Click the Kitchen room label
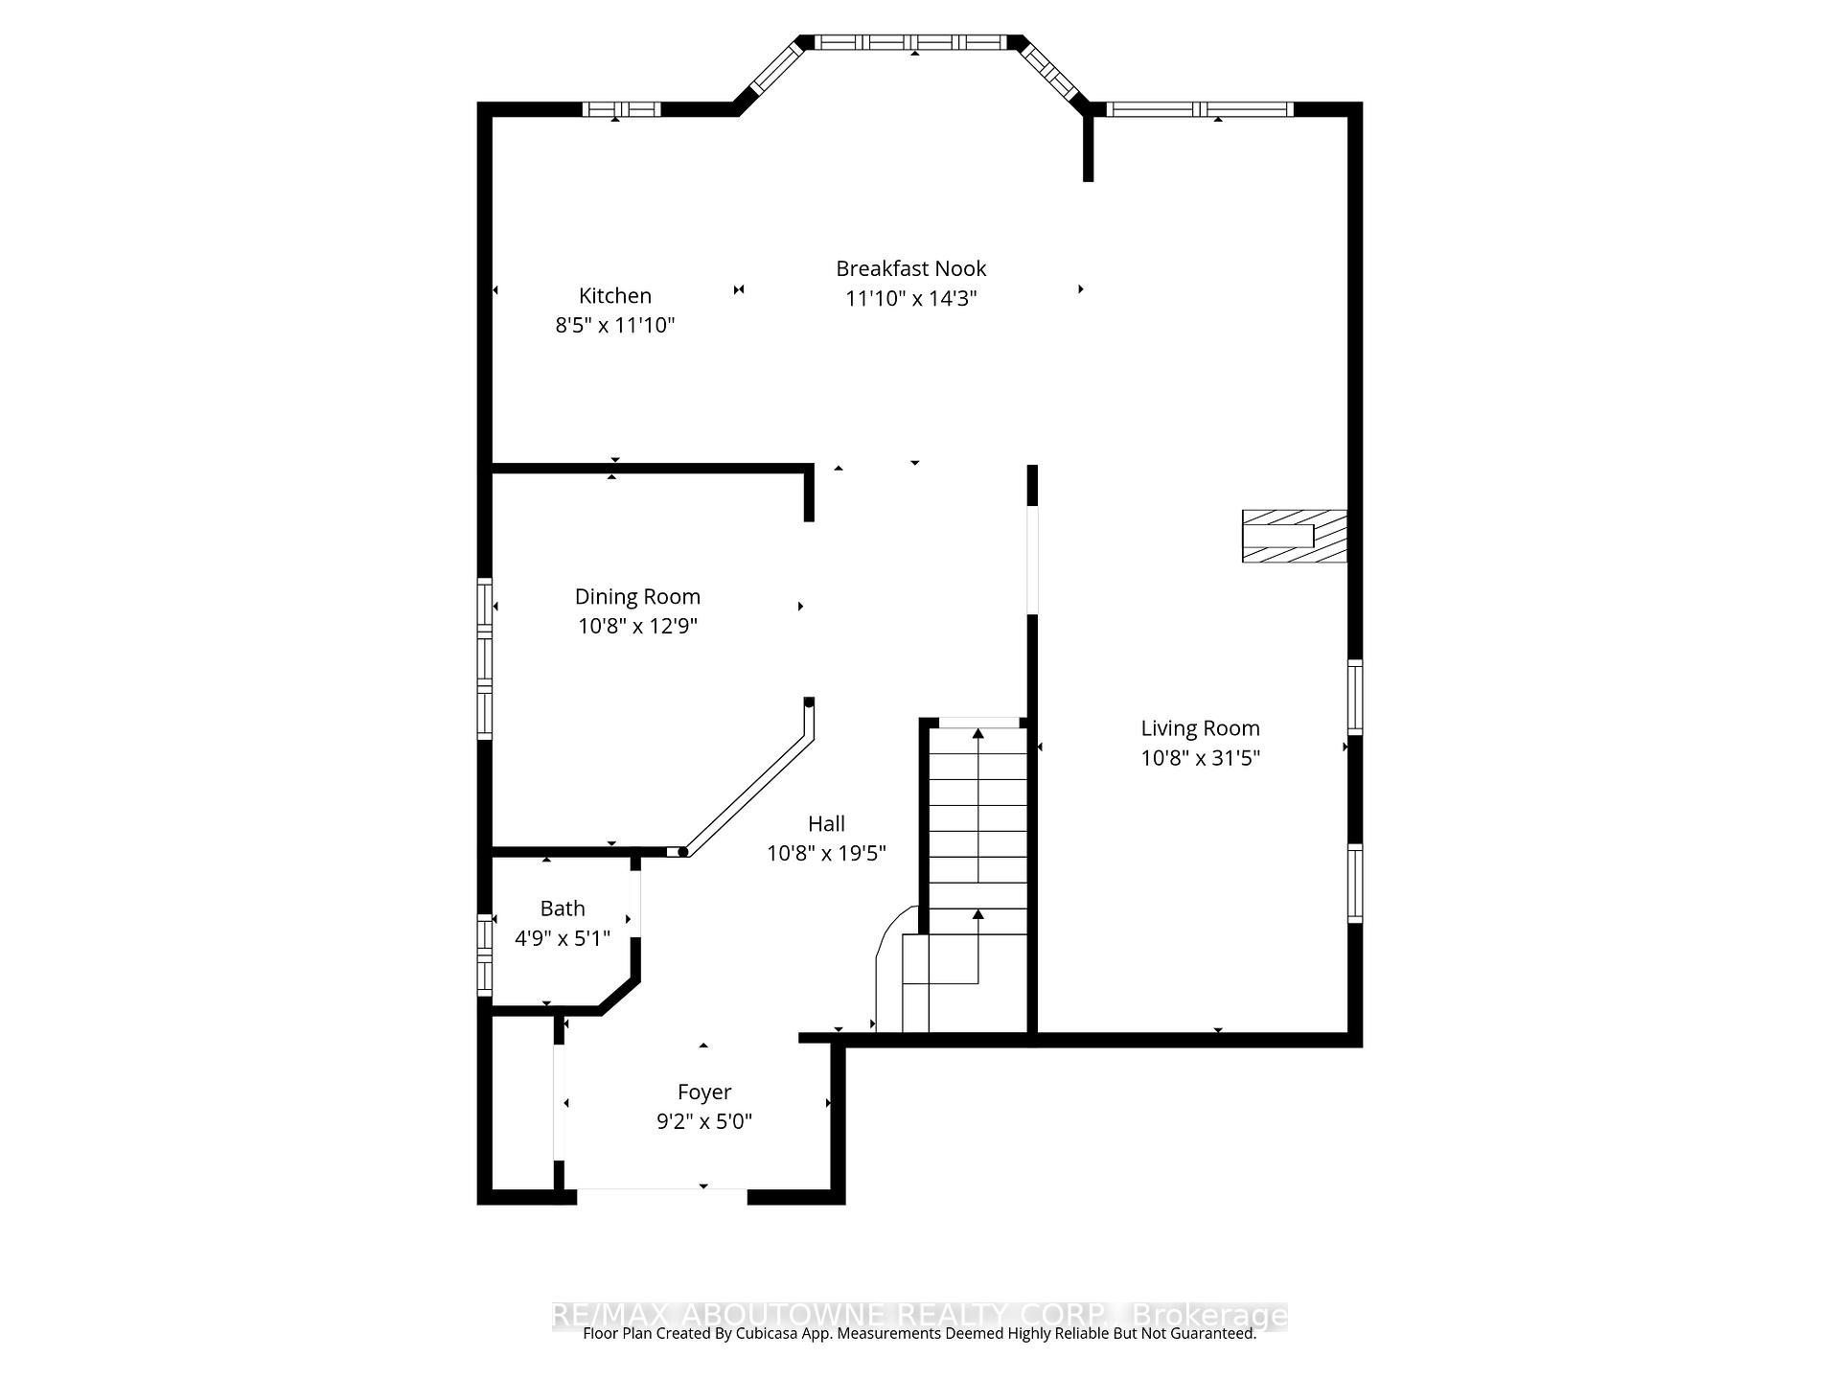point(614,295)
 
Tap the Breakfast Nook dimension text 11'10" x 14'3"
point(910,298)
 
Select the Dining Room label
point(637,596)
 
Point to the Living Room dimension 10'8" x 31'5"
point(1200,758)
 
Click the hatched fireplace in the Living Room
point(1294,537)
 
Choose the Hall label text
point(826,823)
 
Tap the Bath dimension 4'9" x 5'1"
point(562,938)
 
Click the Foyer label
point(704,1092)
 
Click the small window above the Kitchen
point(622,109)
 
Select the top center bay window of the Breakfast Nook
point(912,42)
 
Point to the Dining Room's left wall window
point(485,658)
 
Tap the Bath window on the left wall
point(485,954)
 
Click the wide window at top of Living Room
point(1199,109)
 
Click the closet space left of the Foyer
point(522,1102)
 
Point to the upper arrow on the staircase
point(977,735)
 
